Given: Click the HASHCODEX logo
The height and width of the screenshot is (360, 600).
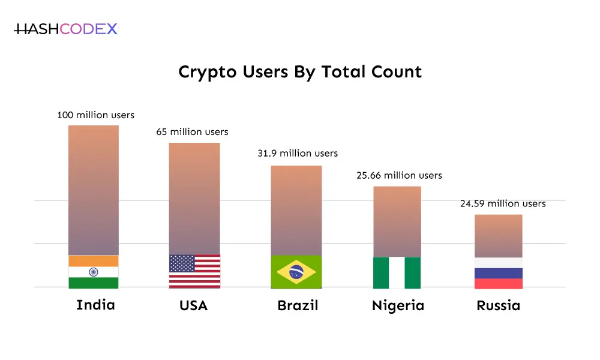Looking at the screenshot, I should [66, 29].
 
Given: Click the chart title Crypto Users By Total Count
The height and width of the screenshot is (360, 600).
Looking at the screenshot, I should [300, 72].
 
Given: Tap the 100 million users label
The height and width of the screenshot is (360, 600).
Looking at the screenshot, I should [96, 115].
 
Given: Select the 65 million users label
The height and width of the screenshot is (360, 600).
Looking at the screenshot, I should [193, 131].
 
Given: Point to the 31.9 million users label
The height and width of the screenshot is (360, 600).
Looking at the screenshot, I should [298, 154].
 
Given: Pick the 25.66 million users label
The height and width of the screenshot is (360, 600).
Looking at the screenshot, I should [397, 175].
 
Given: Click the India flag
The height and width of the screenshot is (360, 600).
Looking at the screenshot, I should [94, 272].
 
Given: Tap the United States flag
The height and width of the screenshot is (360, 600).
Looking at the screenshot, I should [194, 271].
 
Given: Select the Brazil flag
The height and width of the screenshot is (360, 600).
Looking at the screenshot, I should [296, 272].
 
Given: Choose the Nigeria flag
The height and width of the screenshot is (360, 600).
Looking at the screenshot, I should [397, 273].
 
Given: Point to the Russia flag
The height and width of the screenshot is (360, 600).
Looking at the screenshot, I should [499, 273].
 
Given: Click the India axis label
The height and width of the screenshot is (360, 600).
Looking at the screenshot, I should [95, 305].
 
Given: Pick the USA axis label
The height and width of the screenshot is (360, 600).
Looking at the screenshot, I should [194, 306].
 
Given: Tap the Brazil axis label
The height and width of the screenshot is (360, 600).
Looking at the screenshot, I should [298, 306].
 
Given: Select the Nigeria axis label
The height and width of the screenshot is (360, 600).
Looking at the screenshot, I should [398, 306].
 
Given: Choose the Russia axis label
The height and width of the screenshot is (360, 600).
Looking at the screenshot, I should [498, 306].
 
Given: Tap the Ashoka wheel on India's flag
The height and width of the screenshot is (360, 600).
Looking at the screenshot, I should [94, 272].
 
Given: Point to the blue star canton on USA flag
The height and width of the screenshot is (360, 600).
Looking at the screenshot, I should [182, 263].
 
